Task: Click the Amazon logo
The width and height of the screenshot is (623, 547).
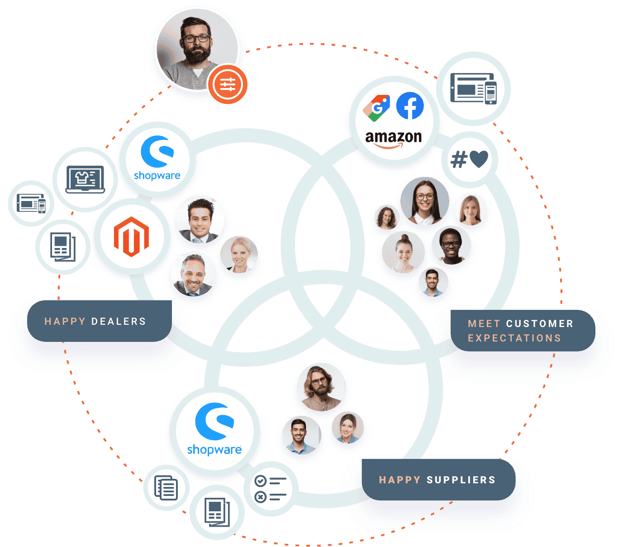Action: click(393, 138)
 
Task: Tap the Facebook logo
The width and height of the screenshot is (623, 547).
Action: click(410, 106)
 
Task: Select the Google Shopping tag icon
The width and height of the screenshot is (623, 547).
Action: click(376, 108)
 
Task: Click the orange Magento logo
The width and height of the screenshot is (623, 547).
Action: click(131, 236)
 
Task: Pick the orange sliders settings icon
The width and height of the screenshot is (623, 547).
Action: click(228, 84)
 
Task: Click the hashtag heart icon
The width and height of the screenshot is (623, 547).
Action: click(469, 159)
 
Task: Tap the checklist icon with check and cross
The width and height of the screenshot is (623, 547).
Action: click(271, 489)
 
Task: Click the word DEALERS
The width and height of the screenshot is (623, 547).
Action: click(119, 322)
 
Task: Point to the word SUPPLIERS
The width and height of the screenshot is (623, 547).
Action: click(461, 480)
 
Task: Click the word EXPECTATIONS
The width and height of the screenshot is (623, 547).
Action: click(514, 338)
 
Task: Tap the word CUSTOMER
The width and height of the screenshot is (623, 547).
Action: click(539, 324)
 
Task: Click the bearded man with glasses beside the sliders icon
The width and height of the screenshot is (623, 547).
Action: click(197, 48)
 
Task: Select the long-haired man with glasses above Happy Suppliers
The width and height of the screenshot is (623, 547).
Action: click(321, 388)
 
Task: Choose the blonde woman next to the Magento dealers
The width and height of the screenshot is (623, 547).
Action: click(239, 255)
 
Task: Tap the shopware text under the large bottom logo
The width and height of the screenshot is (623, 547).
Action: click(214, 450)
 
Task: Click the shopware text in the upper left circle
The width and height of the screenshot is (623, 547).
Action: click(157, 176)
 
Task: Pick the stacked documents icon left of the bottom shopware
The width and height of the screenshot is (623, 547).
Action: click(166, 487)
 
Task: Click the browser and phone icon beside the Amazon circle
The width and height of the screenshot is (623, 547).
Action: click(473, 89)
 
